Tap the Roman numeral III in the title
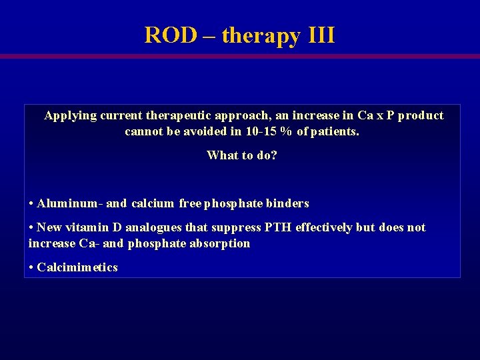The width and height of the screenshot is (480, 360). pyautogui.click(x=321, y=35)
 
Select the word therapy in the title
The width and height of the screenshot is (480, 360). pyautogui.click(x=261, y=36)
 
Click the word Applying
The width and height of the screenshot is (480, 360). pyautogui.click(x=70, y=116)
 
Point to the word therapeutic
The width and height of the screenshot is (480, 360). pyautogui.click(x=179, y=116)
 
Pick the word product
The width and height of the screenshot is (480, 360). pyautogui.click(x=421, y=115)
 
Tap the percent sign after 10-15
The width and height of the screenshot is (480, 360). pyautogui.click(x=286, y=131)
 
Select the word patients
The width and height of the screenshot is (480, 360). pyautogui.click(x=335, y=131)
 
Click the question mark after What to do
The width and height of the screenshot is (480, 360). pyautogui.click(x=275, y=155)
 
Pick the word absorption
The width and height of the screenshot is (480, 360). pyautogui.click(x=221, y=244)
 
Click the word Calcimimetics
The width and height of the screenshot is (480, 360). pyautogui.click(x=77, y=267)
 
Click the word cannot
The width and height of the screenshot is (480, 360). pyautogui.click(x=143, y=131)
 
